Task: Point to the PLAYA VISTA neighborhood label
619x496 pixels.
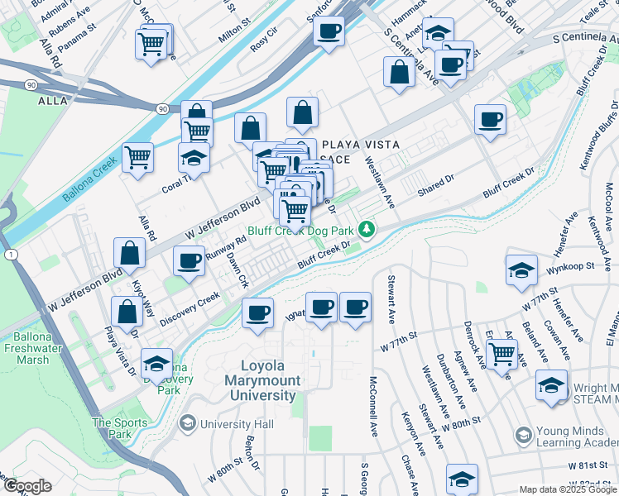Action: [361, 145]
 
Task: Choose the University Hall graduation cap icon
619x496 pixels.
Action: [188, 424]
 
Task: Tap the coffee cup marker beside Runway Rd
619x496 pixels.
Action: [189, 260]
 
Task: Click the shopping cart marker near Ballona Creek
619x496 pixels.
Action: [137, 157]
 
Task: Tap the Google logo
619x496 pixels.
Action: [27, 486]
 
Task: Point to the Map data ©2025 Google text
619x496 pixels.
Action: [567, 489]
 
